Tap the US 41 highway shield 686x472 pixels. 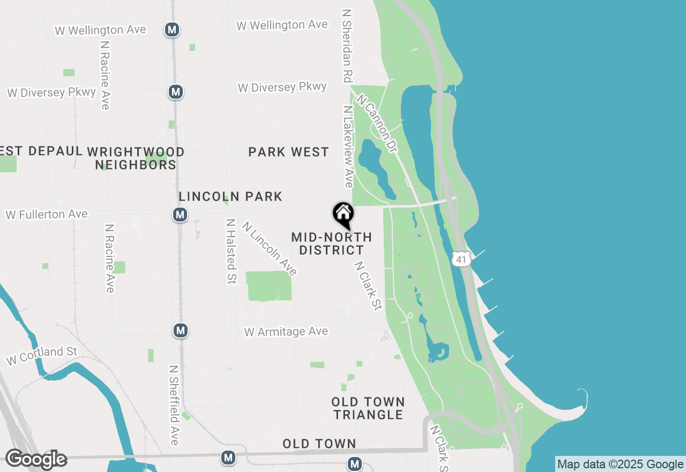pos(461,259)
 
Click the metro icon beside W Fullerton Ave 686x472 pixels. pos(180,215)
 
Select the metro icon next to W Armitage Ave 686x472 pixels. pos(181,330)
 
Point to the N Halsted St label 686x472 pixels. pos(231,251)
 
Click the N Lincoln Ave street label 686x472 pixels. pos(269,248)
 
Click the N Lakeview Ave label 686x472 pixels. pos(349,146)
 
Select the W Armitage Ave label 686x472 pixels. pos(286,332)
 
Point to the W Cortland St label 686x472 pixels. pos(42,355)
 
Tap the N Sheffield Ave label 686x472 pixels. pos(174,405)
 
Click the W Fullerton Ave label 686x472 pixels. pos(47,215)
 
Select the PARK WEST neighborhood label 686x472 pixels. pos(288,152)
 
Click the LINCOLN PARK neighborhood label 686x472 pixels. pos(230,197)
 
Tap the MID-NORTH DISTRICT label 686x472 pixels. pos(332,244)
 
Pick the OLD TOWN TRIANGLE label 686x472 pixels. pos(368,408)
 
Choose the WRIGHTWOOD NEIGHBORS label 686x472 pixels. pos(136,158)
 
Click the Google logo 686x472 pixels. pos(36,459)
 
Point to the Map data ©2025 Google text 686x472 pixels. pos(620,464)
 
